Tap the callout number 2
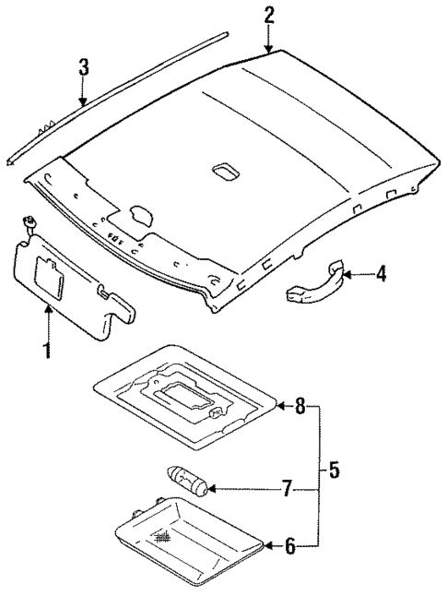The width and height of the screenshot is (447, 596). coord(268,15)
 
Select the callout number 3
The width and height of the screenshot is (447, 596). coord(83,66)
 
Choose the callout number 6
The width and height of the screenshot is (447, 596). coord(289,547)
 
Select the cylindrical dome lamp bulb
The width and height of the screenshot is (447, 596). coord(188,481)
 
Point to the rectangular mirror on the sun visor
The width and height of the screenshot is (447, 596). coord(49,273)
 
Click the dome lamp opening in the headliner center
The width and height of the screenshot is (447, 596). coord(225,172)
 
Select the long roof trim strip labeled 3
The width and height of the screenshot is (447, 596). coord(120,93)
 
